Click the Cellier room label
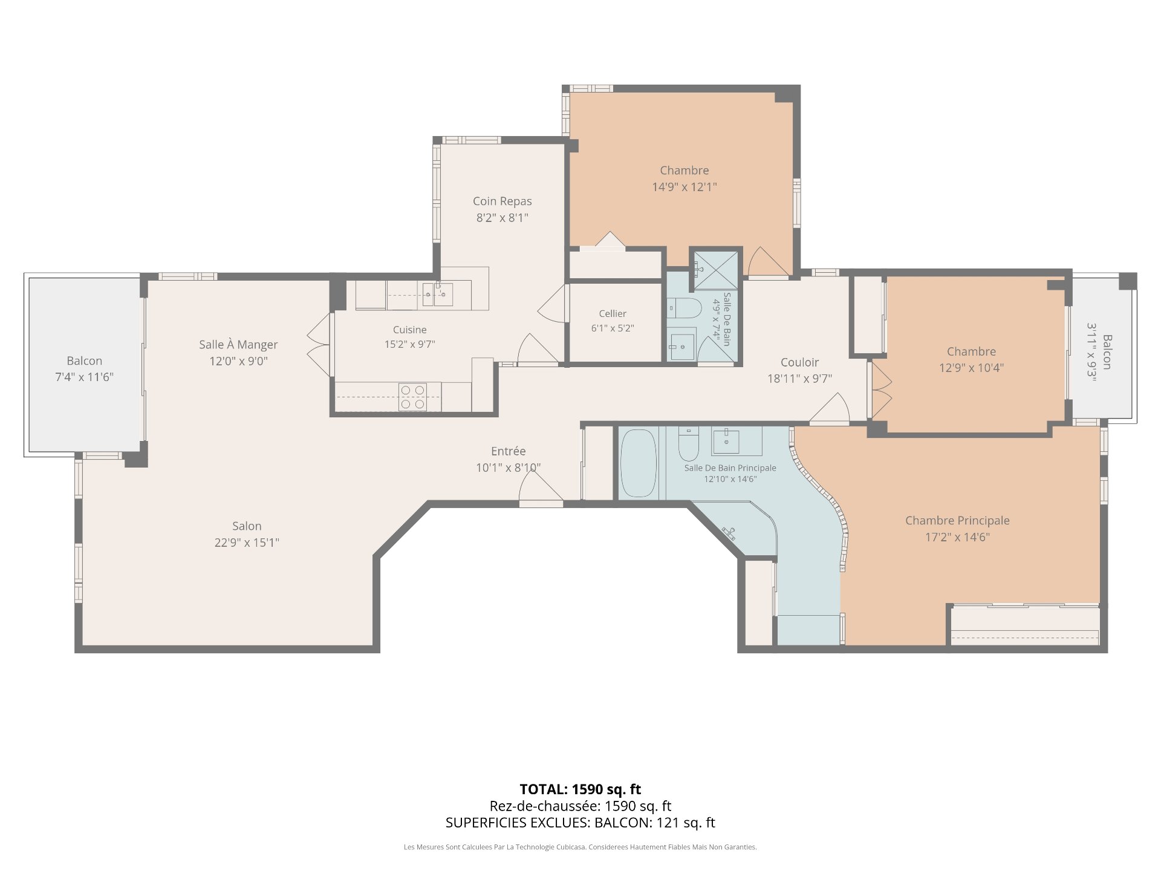point(613,313)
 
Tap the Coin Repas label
point(502,201)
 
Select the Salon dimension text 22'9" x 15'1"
point(247,543)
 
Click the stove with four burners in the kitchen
point(412,397)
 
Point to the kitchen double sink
point(437,295)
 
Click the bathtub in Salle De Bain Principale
point(638,463)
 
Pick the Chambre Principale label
point(957,520)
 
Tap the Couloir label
point(799,362)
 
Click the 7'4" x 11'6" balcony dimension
point(84,377)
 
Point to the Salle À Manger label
point(238,344)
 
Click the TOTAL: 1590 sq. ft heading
point(580,789)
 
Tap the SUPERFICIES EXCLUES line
point(580,823)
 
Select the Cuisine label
point(410,330)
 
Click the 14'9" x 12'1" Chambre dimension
point(685,187)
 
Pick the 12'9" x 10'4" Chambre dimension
point(971,368)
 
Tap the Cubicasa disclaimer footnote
point(580,847)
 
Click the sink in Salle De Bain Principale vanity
point(726,441)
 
